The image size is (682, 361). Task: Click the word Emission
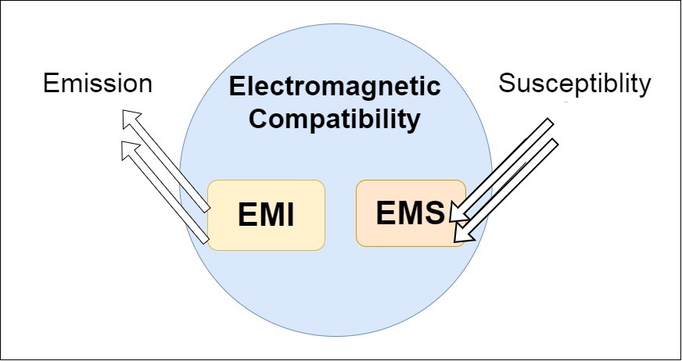[96, 84]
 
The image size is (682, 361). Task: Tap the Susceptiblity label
[575, 84]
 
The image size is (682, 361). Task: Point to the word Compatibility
[335, 120]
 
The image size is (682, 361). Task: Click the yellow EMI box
[266, 215]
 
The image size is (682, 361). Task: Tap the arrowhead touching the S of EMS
[455, 213]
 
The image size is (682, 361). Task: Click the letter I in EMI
[289, 216]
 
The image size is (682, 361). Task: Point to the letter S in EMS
[436, 212]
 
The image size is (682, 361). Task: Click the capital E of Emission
[50, 84]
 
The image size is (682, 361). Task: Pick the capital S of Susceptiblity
[507, 84]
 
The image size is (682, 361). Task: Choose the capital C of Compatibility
[258, 120]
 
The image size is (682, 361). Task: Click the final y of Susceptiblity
[644, 87]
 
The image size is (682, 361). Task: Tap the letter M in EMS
[411, 212]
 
